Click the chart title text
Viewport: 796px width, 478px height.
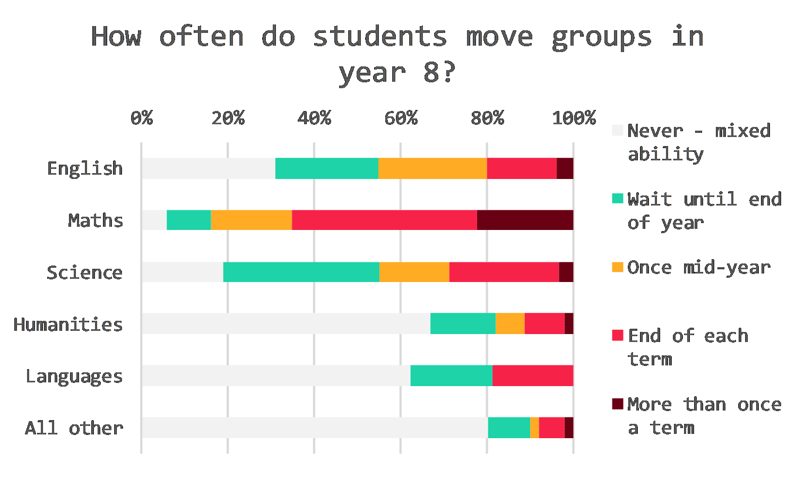(397, 54)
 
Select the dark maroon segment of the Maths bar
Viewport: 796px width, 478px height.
(525, 220)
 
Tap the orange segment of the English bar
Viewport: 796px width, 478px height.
(432, 168)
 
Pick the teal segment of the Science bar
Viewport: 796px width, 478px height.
(301, 272)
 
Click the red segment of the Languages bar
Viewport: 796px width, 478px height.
(533, 375)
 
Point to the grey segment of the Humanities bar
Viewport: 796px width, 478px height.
(285, 323)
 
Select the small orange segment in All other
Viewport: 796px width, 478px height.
(534, 428)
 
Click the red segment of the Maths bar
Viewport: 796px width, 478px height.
(384, 220)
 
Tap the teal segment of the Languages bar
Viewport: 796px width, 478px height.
(451, 375)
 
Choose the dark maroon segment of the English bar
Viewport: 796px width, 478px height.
(565, 168)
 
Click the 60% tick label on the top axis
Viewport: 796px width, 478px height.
(401, 118)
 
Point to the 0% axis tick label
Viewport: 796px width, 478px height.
(142, 118)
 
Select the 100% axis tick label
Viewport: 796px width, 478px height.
(574, 118)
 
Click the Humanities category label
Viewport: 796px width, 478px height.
(68, 324)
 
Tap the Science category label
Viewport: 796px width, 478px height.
(84, 272)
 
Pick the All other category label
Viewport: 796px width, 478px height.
(74, 428)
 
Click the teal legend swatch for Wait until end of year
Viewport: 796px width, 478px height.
(617, 198)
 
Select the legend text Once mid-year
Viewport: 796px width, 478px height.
(698, 267)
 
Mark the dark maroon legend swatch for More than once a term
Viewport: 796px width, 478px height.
(617, 404)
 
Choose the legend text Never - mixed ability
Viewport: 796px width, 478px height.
(698, 142)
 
